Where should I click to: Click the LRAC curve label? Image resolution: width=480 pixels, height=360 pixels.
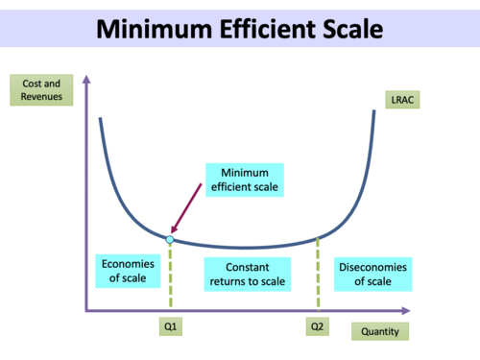[399, 99]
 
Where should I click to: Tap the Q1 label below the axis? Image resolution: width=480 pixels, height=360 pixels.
[169, 327]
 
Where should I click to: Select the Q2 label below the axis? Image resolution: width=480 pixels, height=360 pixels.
[317, 327]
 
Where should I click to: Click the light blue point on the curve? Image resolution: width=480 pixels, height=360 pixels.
[170, 238]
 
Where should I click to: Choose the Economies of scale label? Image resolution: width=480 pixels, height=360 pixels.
[122, 273]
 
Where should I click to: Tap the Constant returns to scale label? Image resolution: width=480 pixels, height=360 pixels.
[243, 273]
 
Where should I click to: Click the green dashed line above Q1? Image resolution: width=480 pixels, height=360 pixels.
[170, 278]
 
